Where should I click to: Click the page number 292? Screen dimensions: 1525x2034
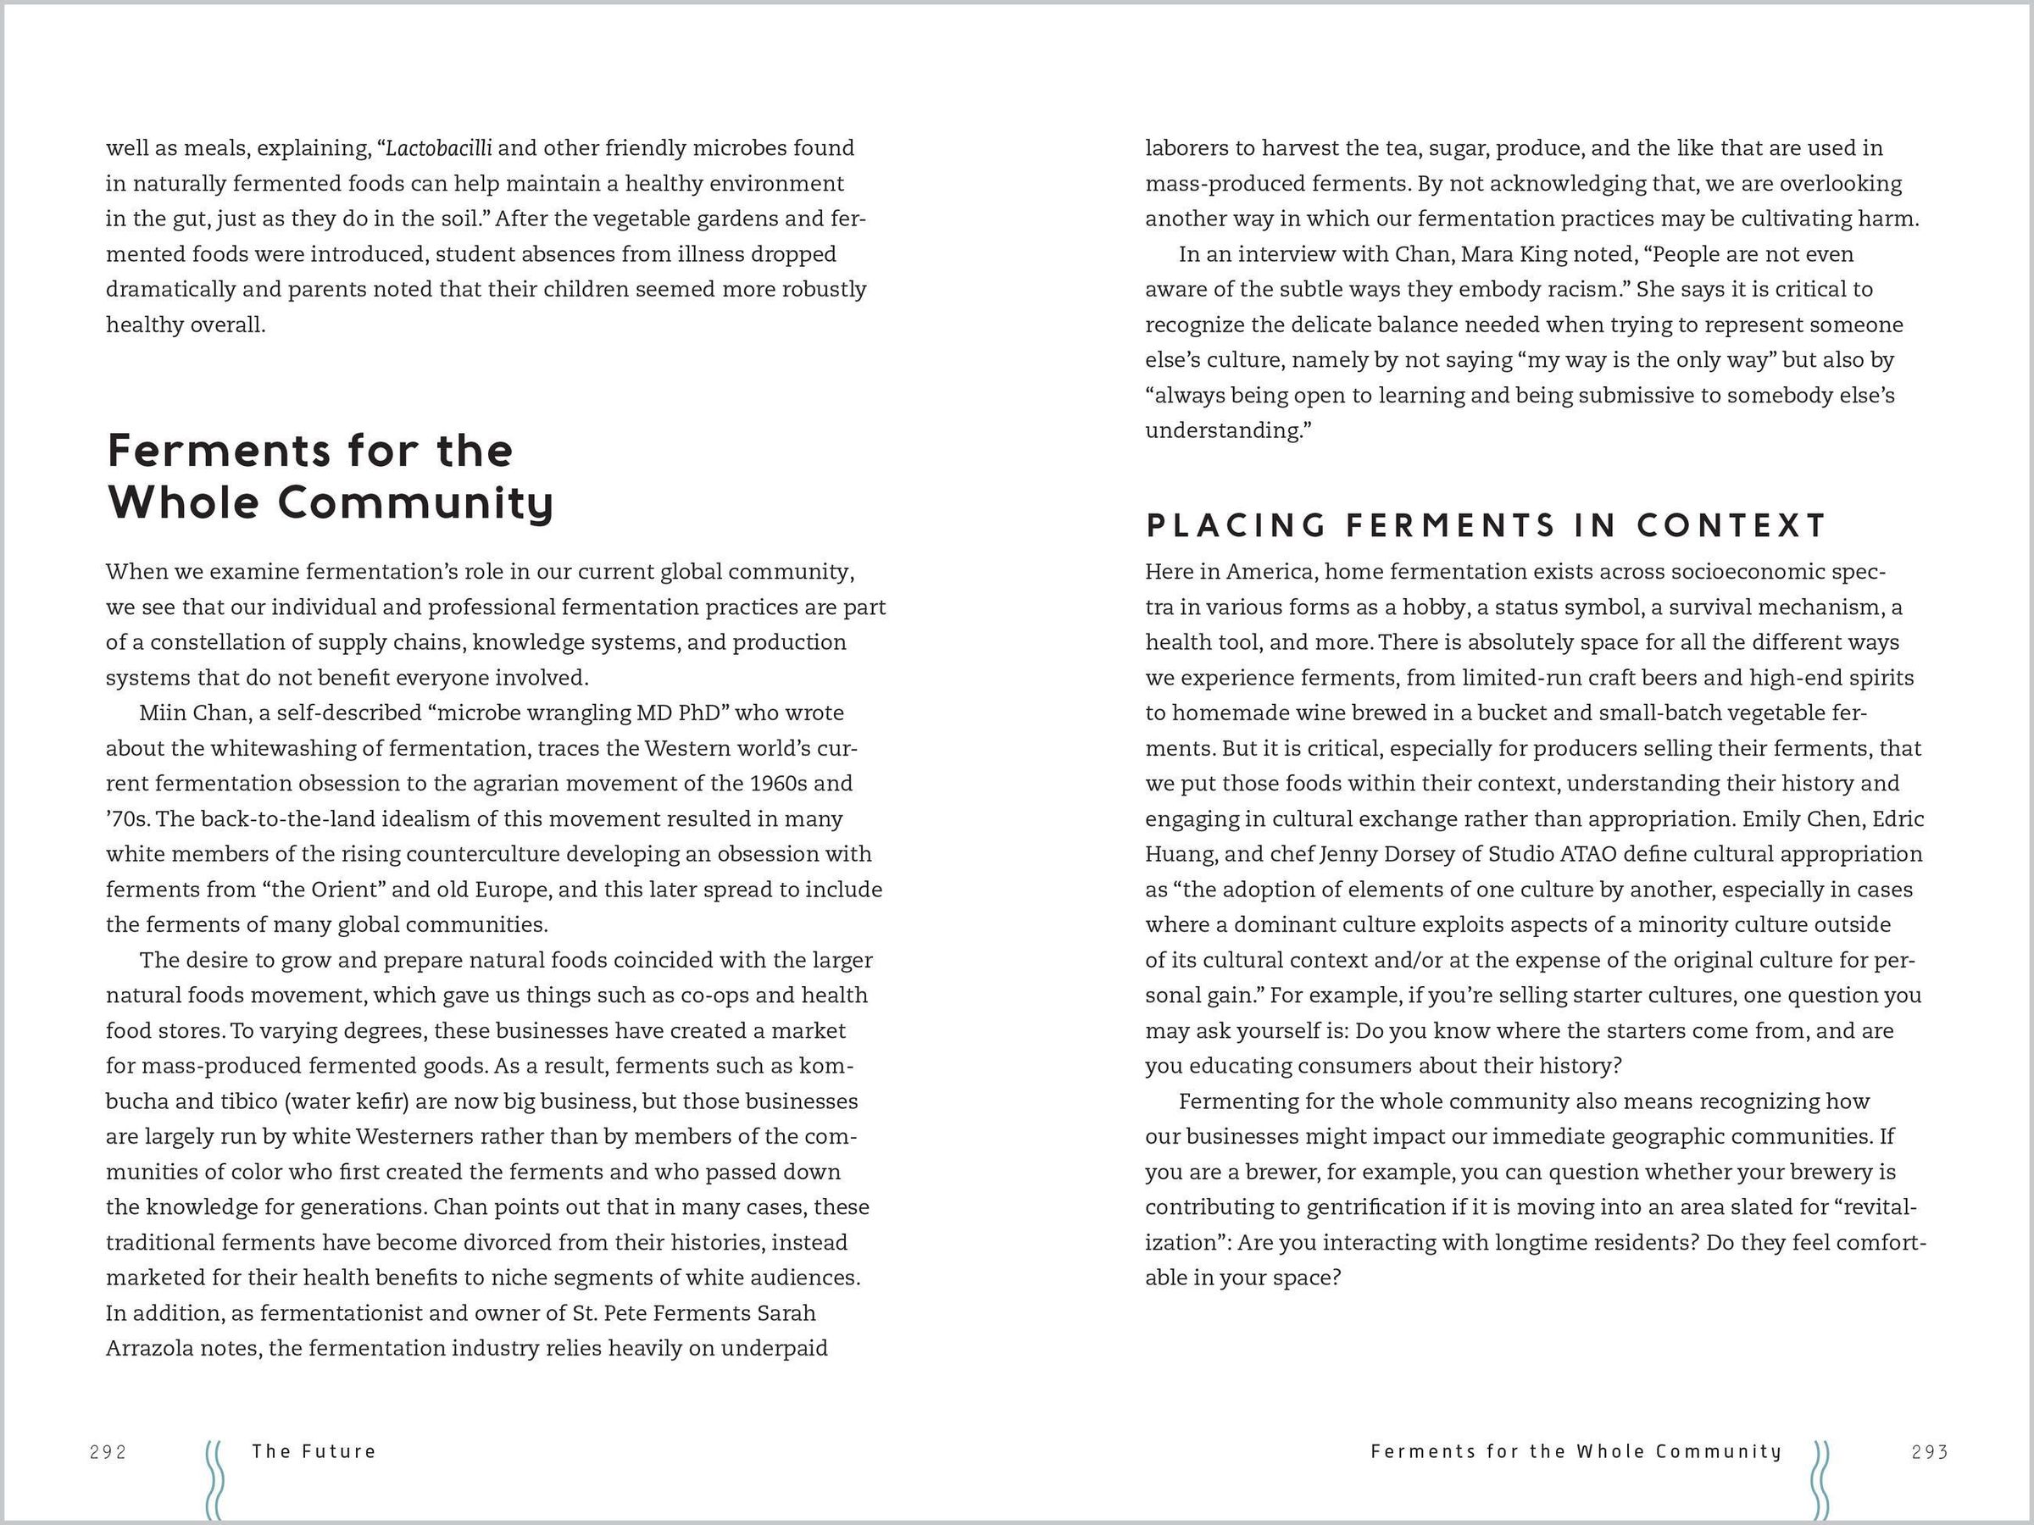pos(108,1451)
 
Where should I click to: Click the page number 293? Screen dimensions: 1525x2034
pos(1929,1451)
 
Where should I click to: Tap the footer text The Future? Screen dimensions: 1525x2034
pos(314,1451)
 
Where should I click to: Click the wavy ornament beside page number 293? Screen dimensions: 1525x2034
pos(1820,1480)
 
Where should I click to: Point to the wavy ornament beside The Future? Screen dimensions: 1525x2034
pos(214,1480)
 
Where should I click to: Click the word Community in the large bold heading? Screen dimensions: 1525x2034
pos(415,502)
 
